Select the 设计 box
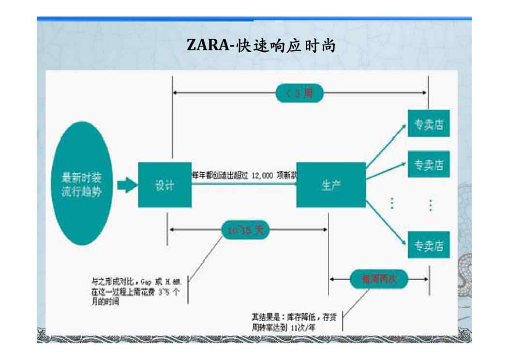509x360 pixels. point(165,185)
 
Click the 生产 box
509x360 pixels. point(331,185)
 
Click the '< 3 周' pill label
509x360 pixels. point(299,93)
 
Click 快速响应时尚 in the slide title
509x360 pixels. point(286,46)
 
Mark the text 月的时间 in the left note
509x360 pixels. point(105,301)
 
